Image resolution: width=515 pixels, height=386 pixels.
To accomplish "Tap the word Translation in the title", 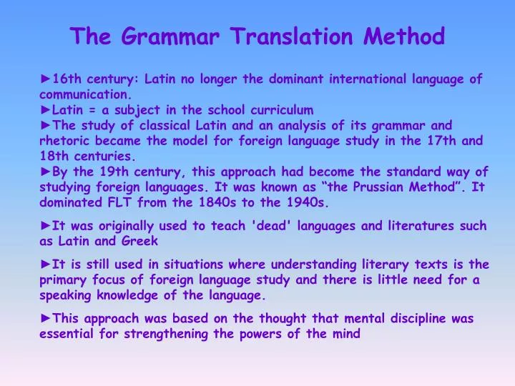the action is click(291, 36).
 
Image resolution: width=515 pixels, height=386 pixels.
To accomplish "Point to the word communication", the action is click(85, 94).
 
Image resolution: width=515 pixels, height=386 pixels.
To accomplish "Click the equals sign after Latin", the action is click(92, 110).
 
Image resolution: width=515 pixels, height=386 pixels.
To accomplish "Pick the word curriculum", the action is click(282, 109).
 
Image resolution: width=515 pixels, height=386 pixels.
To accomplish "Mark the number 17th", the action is click(441, 141).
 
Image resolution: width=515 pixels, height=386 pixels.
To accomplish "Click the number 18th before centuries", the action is click(54, 156).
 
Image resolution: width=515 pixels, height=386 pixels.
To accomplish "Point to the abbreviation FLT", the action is click(119, 202).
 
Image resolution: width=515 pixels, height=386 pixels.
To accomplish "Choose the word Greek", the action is click(139, 241).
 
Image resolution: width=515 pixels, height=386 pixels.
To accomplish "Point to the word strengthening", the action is click(166, 334).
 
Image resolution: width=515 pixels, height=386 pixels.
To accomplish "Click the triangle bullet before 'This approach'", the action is click(46, 317).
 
